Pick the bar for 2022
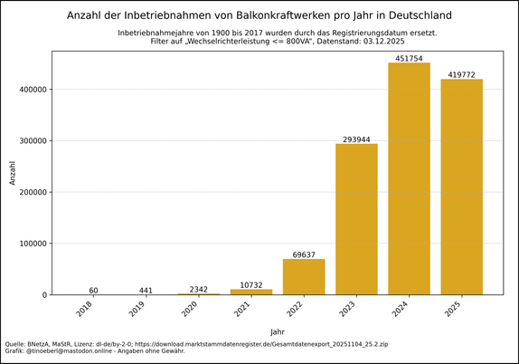point(304,276)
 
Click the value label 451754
point(410,59)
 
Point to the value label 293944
point(356,139)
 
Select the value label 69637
point(304,254)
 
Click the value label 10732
point(250,285)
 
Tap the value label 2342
point(198,290)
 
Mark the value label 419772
point(462,75)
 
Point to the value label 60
point(93,291)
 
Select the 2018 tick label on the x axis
point(85,309)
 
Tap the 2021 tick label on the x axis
point(243,309)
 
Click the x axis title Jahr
point(278,331)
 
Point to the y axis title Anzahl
point(13,172)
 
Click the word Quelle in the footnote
point(16,344)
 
